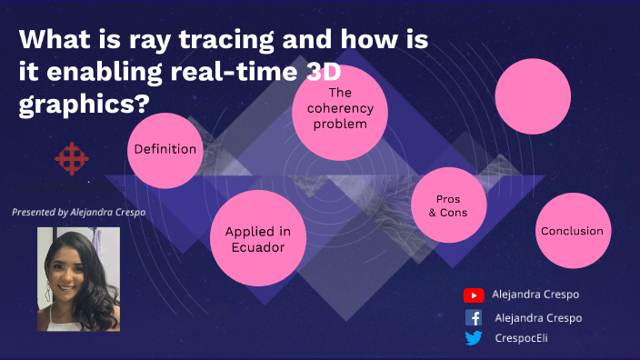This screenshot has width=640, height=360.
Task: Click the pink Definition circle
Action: (x=165, y=149)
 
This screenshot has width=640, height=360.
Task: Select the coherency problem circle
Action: (x=339, y=108)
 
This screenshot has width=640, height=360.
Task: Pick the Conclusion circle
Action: (x=572, y=231)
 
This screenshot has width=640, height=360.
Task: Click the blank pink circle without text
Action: (x=532, y=97)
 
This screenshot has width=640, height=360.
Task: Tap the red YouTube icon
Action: (x=473, y=295)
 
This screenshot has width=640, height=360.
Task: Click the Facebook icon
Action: (x=474, y=317)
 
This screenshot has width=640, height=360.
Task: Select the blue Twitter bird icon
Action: (x=474, y=338)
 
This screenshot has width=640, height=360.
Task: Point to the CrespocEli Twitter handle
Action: (x=522, y=338)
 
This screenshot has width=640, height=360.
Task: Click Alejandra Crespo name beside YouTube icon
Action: (x=535, y=295)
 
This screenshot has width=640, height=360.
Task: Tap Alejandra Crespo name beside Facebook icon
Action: (x=538, y=317)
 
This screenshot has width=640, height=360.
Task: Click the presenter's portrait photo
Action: (x=78, y=279)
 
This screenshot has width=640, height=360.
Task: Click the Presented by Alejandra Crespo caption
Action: (x=78, y=212)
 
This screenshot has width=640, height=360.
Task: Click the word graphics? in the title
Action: (x=85, y=104)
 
